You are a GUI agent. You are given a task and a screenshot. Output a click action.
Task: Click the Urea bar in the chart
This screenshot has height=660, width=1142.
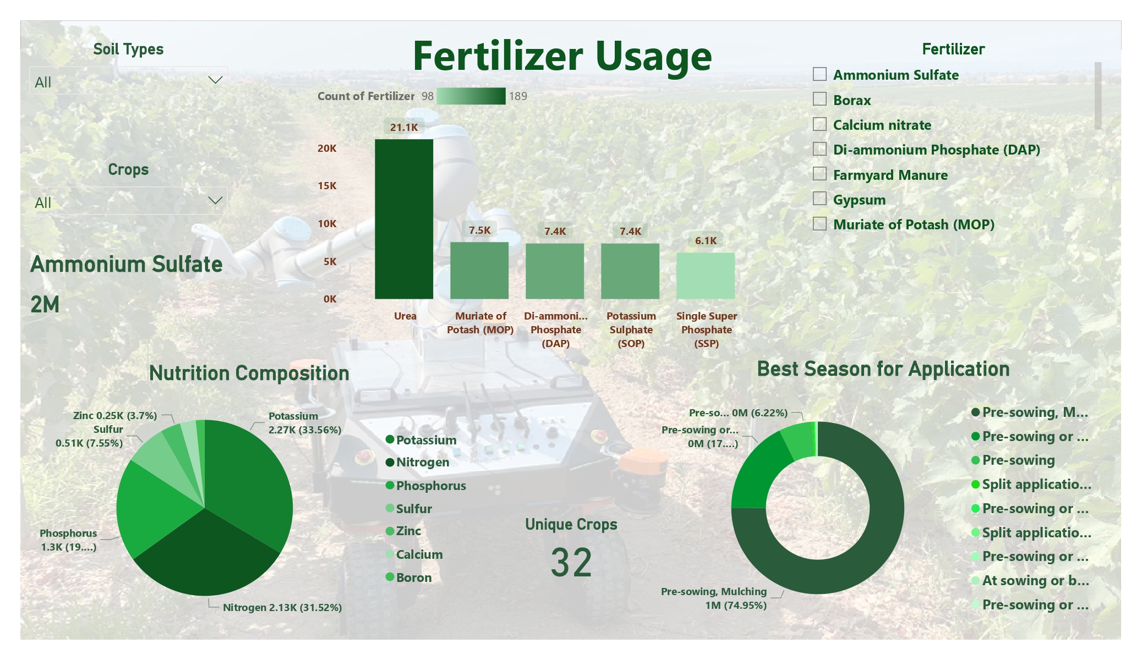(404, 219)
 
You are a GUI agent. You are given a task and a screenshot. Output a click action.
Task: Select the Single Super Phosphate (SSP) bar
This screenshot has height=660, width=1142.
(706, 276)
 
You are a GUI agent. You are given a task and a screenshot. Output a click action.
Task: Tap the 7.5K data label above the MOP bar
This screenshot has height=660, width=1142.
(479, 230)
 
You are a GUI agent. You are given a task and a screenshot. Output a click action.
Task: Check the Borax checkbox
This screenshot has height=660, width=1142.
(819, 99)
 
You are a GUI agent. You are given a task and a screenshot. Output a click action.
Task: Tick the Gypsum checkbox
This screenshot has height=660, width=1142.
(819, 199)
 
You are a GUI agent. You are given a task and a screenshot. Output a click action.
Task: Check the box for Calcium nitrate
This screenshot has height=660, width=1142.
(819, 124)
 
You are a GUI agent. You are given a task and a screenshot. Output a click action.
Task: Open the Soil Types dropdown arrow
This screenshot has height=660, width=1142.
(215, 80)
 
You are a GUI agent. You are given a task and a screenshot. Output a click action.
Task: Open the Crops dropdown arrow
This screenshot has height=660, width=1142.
(215, 201)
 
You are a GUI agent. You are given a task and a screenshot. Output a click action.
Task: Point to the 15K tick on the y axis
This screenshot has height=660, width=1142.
(327, 186)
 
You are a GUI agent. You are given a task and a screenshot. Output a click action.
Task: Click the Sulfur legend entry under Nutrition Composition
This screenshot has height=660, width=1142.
(409, 509)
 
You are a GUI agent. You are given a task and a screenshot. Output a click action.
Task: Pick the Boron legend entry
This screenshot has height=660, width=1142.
(409, 577)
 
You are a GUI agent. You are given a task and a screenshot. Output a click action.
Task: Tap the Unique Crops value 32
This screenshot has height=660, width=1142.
(571, 563)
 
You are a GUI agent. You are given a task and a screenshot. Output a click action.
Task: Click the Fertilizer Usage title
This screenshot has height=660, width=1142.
(562, 56)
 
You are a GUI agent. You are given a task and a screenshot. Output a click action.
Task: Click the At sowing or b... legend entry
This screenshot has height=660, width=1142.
(1030, 580)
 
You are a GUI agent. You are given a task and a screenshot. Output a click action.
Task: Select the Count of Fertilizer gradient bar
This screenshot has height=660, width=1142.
(471, 96)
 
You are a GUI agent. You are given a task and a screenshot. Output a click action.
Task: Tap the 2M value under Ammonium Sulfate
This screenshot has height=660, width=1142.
(45, 304)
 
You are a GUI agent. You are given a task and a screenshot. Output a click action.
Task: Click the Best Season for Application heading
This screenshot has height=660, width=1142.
(883, 369)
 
